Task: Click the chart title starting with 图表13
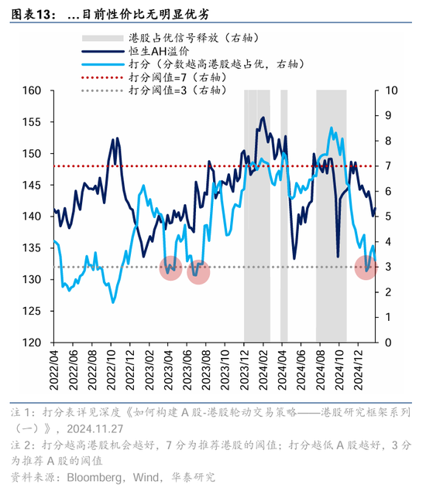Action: click(x=108, y=14)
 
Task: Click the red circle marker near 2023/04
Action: click(x=171, y=268)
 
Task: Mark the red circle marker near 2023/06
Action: click(x=198, y=271)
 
